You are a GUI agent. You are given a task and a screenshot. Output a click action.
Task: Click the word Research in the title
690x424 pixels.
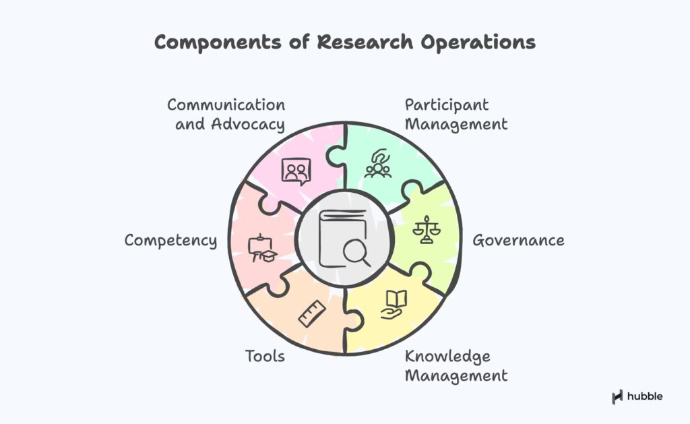click(x=365, y=42)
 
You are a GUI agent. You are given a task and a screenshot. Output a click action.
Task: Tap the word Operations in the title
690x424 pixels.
click(x=478, y=43)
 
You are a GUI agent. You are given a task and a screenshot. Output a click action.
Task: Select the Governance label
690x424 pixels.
click(x=518, y=241)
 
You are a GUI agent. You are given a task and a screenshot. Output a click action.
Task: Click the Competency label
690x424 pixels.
click(x=170, y=241)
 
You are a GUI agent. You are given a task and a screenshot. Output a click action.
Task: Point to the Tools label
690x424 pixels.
click(x=265, y=356)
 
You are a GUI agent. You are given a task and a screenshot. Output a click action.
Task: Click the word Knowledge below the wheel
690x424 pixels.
click(x=447, y=357)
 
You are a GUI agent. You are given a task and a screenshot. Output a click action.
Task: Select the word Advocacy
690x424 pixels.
click(x=248, y=125)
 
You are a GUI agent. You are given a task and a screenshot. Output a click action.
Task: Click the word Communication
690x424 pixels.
click(x=226, y=104)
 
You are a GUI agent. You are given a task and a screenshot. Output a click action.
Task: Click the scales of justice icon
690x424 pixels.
click(x=427, y=229)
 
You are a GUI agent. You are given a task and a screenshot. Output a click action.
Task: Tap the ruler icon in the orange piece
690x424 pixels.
click(x=312, y=313)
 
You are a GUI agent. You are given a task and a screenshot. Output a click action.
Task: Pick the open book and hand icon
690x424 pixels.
click(x=394, y=304)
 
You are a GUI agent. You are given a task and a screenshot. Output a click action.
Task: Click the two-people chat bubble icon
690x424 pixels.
click(x=296, y=171)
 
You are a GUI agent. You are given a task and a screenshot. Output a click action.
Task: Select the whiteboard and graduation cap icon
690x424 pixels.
click(x=262, y=249)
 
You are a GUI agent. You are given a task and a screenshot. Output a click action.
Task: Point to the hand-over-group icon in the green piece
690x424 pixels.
click(x=378, y=163)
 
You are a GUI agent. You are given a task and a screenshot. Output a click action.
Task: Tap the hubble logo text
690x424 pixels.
click(x=645, y=396)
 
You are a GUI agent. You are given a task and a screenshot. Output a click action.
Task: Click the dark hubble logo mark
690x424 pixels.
click(x=617, y=397)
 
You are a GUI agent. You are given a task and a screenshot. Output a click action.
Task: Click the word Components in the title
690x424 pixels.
click(x=218, y=42)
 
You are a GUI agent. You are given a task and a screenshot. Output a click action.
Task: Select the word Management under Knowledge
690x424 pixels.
click(x=456, y=376)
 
